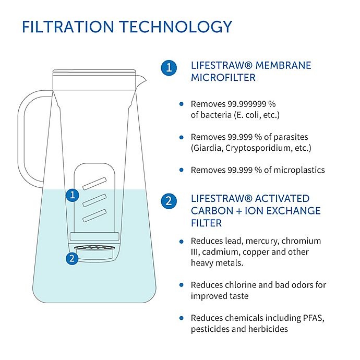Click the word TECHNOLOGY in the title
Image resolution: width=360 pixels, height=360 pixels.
click(174, 27)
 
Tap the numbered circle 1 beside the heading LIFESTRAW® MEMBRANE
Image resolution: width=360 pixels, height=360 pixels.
click(168, 67)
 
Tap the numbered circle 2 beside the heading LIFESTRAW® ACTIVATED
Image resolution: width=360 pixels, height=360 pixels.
click(168, 201)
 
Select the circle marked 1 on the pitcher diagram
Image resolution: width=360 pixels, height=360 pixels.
click(73, 195)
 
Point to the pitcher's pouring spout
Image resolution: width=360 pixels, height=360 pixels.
click(142, 80)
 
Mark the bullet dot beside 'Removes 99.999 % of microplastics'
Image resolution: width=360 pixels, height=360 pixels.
click(181, 170)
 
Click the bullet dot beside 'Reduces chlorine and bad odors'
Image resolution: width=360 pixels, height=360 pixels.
click(181, 285)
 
